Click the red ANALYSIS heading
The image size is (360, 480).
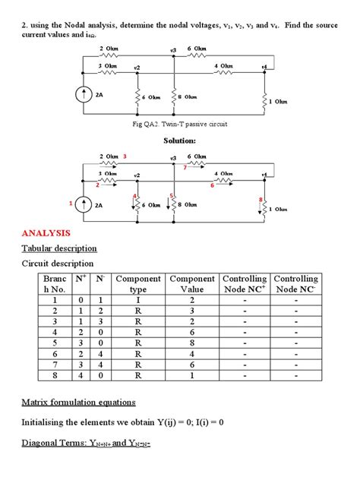50,233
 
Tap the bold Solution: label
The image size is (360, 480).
180,141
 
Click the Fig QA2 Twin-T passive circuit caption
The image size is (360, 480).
179,124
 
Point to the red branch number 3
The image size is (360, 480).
125,156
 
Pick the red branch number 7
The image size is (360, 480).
185,168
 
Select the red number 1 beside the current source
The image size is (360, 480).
72,204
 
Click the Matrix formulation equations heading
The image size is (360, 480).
89,402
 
